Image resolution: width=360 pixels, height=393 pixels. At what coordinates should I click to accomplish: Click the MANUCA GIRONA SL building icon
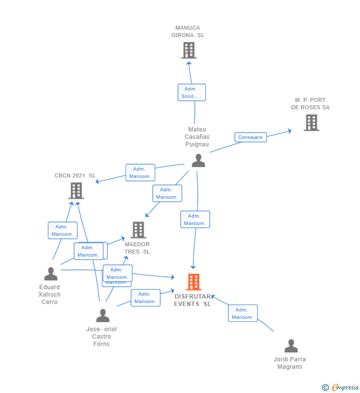click(188, 50)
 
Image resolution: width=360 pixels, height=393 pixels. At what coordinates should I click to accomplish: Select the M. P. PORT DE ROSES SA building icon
click(311, 123)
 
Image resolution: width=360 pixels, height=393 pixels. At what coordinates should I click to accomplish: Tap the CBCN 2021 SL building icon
click(76, 190)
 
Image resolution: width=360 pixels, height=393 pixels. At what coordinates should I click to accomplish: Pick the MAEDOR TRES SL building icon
click(138, 230)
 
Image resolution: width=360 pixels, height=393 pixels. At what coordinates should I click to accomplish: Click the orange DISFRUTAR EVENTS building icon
click(193, 282)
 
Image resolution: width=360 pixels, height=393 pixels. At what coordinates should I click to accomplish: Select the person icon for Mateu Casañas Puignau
click(198, 161)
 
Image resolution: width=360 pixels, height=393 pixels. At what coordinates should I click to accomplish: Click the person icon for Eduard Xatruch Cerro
click(50, 274)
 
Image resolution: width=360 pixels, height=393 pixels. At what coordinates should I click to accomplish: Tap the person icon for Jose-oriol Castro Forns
click(102, 315)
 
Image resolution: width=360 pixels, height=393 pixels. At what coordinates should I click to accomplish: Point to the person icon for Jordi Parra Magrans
click(291, 346)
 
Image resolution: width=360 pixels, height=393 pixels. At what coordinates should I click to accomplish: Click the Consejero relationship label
click(250, 137)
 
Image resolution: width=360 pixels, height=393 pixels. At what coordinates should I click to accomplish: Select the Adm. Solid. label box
click(191, 92)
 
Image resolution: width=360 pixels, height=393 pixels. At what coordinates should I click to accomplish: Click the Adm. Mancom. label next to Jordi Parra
click(243, 313)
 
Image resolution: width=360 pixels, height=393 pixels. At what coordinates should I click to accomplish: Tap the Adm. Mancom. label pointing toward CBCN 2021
click(140, 173)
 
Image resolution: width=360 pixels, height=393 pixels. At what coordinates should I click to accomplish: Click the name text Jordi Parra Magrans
click(290, 363)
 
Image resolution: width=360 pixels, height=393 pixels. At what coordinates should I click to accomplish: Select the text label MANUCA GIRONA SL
click(188, 32)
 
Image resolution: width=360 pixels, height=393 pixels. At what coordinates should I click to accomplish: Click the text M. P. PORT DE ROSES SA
click(311, 104)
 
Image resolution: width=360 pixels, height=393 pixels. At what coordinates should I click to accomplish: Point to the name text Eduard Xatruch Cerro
click(49, 295)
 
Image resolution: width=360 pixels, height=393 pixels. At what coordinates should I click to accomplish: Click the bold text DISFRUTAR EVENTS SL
click(192, 301)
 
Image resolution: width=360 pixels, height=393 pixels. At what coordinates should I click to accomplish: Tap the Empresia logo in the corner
click(340, 388)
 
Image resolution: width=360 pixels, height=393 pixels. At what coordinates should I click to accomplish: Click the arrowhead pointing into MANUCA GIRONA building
click(188, 62)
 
